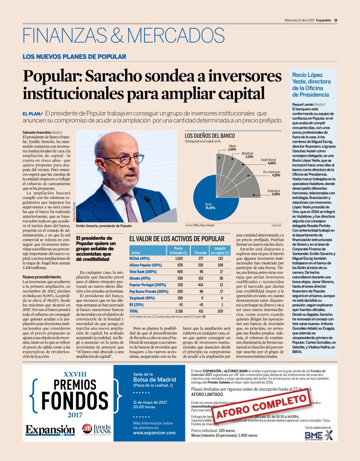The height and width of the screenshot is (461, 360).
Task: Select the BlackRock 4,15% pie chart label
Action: pos(247,156)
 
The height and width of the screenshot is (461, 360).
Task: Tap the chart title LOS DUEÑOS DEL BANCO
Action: pos(210,136)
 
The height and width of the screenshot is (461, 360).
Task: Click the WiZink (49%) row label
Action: pos(139,258)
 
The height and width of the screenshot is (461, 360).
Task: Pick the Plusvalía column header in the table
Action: pos(200,253)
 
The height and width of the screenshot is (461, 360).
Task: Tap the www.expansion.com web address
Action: pos(154,433)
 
